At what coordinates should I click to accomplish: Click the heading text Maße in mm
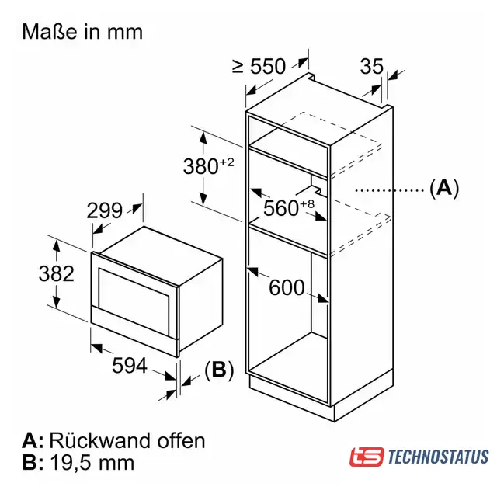point(82,32)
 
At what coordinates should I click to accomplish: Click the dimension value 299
point(104,210)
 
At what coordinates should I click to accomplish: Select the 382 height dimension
point(57,273)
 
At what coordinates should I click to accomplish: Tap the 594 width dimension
point(130,366)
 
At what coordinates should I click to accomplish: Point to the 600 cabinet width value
point(287,288)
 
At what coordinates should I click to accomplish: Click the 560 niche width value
point(281,208)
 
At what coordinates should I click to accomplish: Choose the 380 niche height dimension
point(200,166)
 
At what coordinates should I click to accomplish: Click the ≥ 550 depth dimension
point(259,66)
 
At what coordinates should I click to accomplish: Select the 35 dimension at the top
point(371,66)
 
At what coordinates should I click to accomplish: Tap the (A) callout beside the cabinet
point(444,188)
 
